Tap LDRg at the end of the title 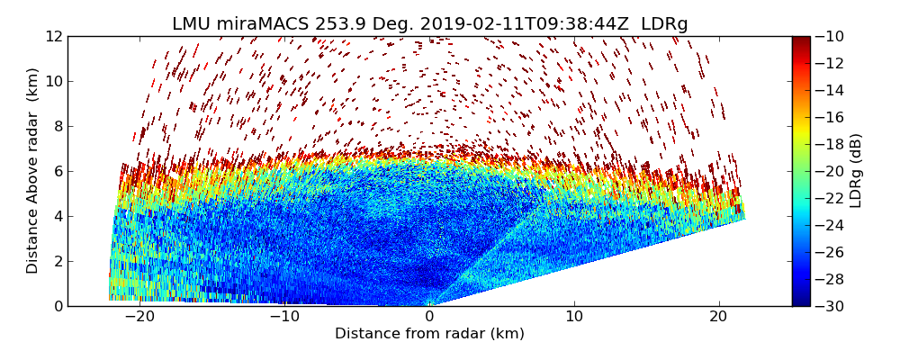click(x=664, y=24)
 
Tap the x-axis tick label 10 click(x=574, y=317)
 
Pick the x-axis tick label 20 click(x=718, y=317)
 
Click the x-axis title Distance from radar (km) click(x=429, y=334)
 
